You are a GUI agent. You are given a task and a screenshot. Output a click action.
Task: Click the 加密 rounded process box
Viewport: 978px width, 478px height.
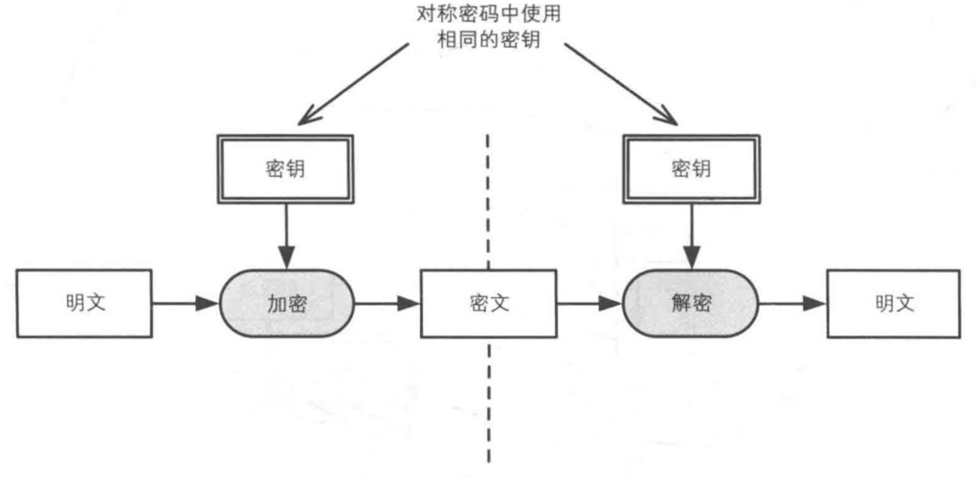(x=287, y=304)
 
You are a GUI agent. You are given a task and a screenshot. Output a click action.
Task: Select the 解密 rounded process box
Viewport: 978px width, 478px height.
(x=690, y=304)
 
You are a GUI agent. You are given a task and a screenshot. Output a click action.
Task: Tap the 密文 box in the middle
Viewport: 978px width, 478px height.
(x=489, y=304)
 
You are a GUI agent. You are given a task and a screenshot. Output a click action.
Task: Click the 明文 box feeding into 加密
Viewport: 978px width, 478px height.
(x=85, y=304)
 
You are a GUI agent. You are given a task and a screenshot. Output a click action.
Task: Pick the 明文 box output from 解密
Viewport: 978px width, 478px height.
(x=894, y=304)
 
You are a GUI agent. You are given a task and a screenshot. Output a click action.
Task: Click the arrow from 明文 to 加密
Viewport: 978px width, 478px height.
(x=186, y=304)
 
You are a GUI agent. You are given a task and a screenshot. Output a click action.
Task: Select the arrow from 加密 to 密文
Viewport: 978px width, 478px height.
(x=388, y=304)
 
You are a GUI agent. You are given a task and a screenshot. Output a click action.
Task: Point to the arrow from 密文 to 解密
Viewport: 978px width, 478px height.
(x=589, y=304)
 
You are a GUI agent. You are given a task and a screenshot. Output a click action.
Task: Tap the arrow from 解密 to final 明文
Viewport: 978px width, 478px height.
(x=792, y=304)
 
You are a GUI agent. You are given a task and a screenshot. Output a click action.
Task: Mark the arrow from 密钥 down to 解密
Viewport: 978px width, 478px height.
(x=690, y=234)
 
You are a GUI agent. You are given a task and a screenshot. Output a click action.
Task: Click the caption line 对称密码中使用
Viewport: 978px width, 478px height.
(x=489, y=16)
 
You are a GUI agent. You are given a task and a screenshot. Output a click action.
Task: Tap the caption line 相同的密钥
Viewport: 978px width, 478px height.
(x=489, y=42)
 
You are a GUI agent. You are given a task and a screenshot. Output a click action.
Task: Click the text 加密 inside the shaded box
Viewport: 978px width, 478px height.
(x=287, y=304)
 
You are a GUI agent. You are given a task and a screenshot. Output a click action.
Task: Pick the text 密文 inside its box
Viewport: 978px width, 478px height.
(x=489, y=304)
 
